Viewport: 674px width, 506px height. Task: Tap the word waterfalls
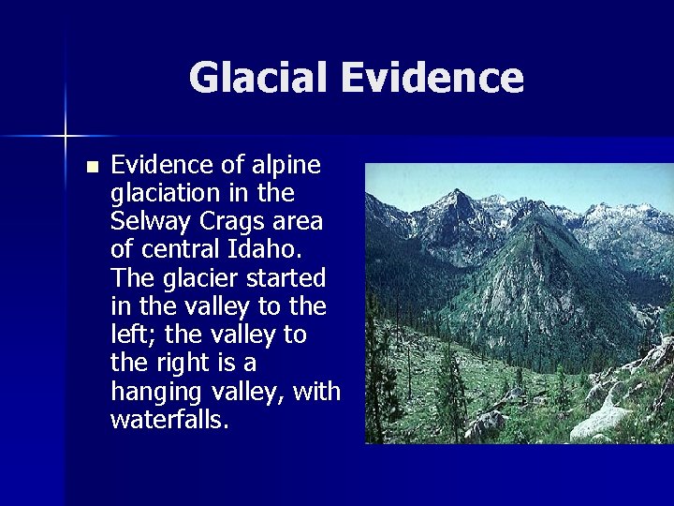click(168, 419)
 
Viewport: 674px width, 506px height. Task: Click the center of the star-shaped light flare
click(66, 137)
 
